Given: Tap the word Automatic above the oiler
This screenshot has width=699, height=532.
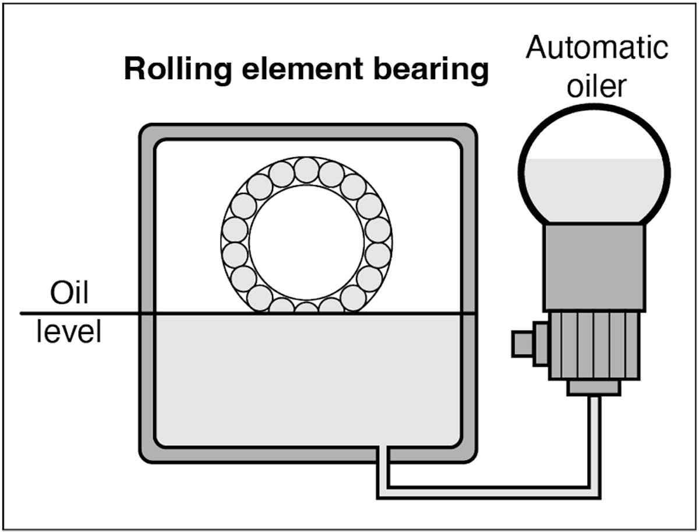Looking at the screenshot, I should (x=596, y=48).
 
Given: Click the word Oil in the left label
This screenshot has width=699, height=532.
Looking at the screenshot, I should (x=69, y=294).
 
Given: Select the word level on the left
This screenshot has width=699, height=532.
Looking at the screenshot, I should (x=69, y=332).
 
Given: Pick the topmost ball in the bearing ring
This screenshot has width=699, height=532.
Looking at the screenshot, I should (x=306, y=170).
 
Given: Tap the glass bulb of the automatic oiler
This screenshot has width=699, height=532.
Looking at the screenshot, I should (x=594, y=134).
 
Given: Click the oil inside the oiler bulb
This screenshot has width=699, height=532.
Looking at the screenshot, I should (x=594, y=189).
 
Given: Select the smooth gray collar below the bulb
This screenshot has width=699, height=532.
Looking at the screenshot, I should (x=594, y=268).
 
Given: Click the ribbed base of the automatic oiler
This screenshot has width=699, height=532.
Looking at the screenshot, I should (x=594, y=346).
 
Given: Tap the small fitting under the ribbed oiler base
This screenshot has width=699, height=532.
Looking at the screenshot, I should (x=594, y=388).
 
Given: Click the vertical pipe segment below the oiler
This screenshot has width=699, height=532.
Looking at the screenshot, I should (x=594, y=442).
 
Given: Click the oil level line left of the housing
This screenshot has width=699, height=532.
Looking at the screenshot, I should (x=82, y=313).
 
